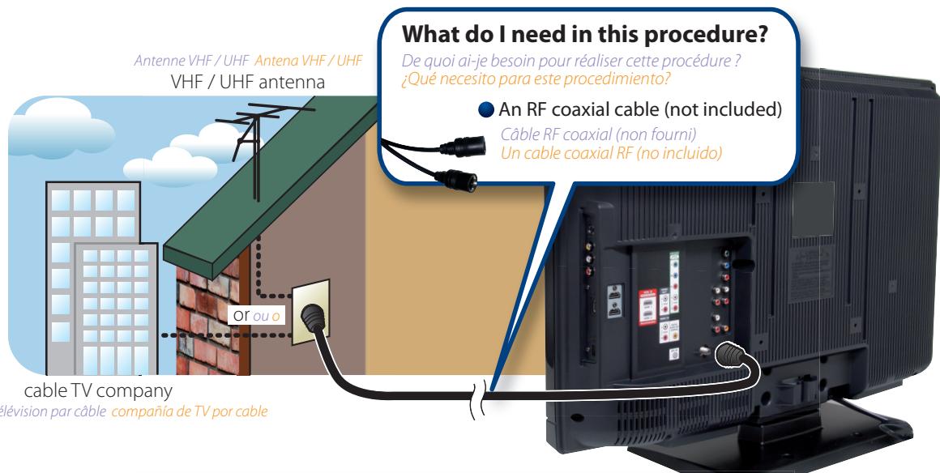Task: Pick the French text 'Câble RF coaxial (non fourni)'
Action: click(597, 136)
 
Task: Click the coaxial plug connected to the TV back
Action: click(731, 356)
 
